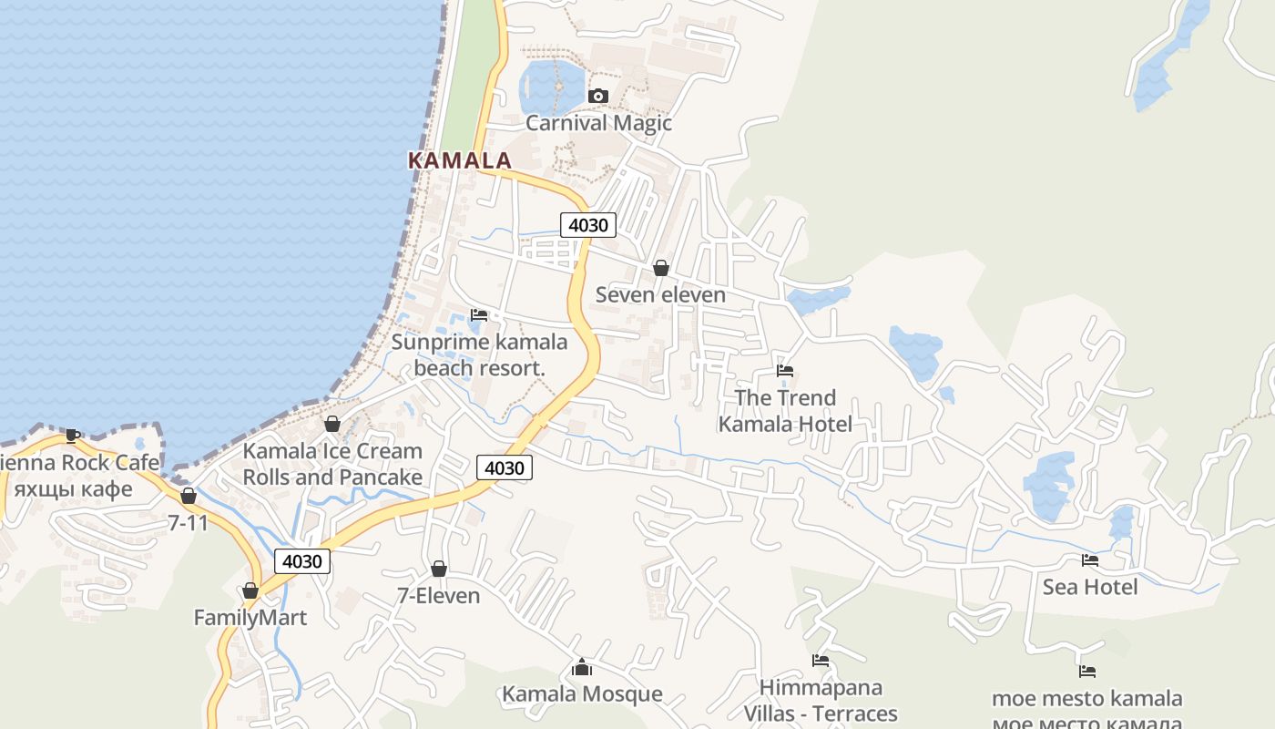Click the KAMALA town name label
[459, 160]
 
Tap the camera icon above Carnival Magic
[598, 96]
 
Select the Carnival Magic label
[598, 123]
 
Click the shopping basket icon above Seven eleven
[661, 268]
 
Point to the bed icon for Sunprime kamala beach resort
[479, 315]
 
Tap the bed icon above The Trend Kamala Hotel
[785, 371]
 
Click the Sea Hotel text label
[1090, 587]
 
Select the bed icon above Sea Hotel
[1090, 560]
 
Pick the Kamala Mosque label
[582, 694]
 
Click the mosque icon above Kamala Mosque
[582, 668]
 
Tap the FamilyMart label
[250, 618]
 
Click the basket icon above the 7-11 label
[189, 497]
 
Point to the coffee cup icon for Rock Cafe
[73, 436]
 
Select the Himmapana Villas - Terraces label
[821, 700]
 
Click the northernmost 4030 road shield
[588, 225]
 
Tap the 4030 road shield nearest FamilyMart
[302, 561]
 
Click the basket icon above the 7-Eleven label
[439, 569]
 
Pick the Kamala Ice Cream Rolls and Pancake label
[332, 464]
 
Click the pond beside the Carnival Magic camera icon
[549, 86]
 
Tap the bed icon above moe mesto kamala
[1087, 672]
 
